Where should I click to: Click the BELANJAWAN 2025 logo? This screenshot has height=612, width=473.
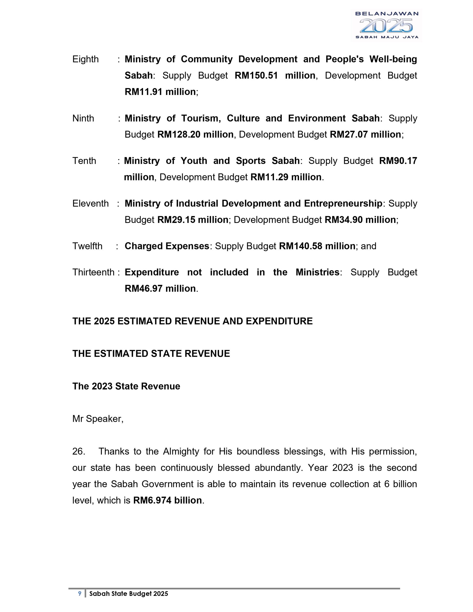[386, 25]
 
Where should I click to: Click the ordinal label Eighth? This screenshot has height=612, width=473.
[85, 59]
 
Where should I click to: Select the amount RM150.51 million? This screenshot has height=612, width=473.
[275, 76]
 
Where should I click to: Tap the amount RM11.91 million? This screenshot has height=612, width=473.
[160, 92]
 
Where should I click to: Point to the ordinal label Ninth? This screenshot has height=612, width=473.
[83, 118]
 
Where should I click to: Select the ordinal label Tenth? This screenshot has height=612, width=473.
[84, 161]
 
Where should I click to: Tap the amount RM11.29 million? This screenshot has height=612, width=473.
[286, 177]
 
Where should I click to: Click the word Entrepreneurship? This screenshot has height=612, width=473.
[343, 204]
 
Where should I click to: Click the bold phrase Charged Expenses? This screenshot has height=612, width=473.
[167, 246]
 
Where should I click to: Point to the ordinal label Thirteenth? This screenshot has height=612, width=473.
[93, 272]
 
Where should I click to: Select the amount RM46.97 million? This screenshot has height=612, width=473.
[160, 289]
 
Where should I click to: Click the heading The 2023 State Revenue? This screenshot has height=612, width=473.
[126, 387]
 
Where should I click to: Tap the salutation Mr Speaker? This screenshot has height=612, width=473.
[97, 419]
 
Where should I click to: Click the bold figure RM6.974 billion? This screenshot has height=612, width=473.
[167, 500]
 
